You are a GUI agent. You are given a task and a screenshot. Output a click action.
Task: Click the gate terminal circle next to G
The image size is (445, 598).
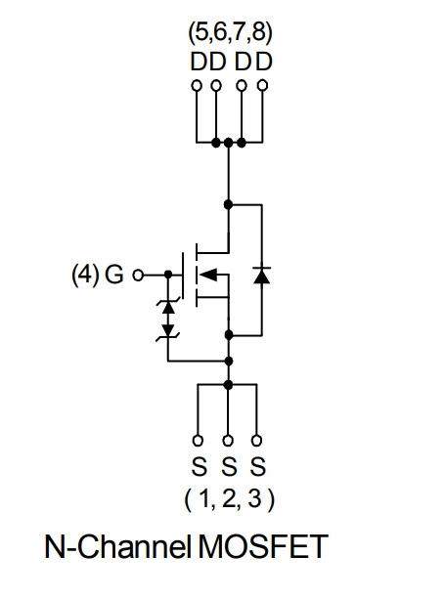[138, 275]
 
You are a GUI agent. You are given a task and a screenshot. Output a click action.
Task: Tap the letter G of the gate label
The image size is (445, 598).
[114, 275]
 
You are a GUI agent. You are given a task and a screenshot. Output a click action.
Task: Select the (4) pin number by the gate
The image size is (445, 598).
[85, 275]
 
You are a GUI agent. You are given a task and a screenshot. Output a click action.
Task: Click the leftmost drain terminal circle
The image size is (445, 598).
[197, 85]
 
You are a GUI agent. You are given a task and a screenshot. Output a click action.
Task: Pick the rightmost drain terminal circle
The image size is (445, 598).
[262, 85]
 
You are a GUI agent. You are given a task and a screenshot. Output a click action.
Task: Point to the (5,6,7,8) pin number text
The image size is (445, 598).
[230, 33]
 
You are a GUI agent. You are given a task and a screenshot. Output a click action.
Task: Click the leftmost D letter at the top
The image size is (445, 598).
[199, 62]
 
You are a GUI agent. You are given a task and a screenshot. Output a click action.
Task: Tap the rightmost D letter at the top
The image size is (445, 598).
[264, 62]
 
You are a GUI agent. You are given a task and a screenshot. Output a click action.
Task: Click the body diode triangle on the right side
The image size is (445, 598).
[262, 276]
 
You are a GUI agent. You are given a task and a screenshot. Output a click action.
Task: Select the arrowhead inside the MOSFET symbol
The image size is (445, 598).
[208, 275]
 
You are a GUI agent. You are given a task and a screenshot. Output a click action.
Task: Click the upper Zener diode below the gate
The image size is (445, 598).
[168, 307]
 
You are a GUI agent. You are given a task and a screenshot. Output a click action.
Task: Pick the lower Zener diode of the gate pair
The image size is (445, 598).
[168, 331]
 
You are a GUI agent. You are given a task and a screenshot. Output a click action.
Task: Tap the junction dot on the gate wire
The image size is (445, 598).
[168, 275]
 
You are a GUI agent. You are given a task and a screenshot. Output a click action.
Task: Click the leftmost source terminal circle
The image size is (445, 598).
[198, 441]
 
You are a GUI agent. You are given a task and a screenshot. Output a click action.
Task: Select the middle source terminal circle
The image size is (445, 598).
[228, 441]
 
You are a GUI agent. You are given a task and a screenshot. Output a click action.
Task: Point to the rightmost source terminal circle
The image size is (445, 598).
[257, 441]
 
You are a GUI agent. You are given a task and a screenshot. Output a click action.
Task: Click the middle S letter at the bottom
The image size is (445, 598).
[229, 466]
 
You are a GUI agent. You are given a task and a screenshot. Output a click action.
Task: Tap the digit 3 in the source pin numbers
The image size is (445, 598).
[254, 498]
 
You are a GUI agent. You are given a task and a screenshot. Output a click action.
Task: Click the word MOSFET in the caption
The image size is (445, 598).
[263, 546]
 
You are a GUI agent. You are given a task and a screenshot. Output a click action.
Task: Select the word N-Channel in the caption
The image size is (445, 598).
[117, 546]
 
